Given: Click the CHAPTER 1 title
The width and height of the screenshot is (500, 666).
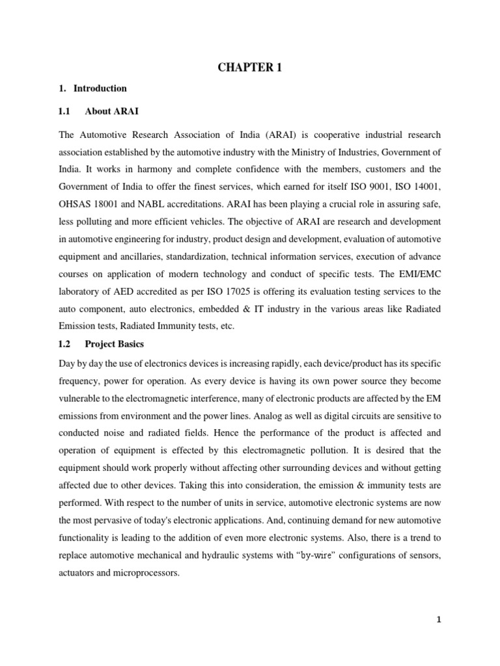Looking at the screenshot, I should pyautogui.click(x=249, y=67).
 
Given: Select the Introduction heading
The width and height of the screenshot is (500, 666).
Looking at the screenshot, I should pyautogui.click(x=100, y=88).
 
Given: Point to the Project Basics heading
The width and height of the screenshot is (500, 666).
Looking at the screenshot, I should pyautogui.click(x=115, y=344).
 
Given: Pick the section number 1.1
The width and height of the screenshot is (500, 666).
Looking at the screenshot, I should pyautogui.click(x=64, y=112).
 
